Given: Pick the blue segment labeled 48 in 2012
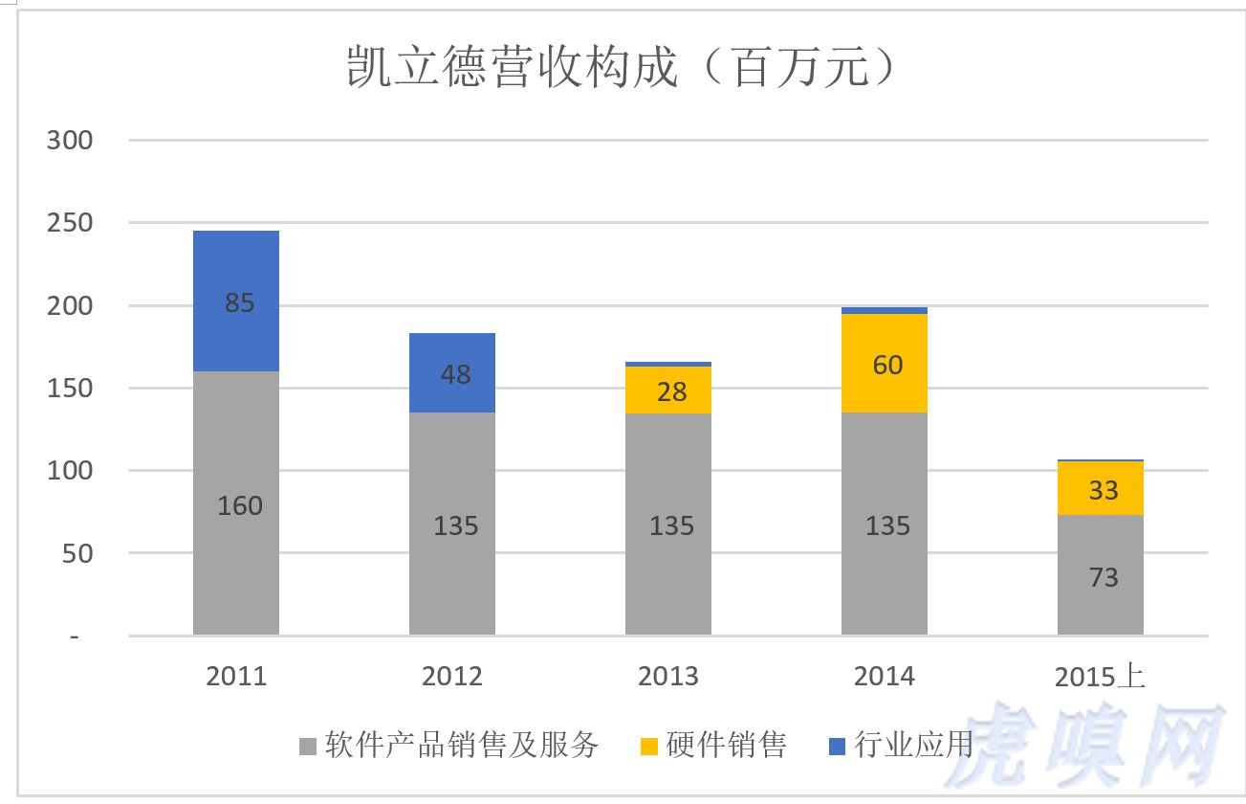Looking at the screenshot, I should [452, 373].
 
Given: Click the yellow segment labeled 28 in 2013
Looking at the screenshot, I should [668, 391].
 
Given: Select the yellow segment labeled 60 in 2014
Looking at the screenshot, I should [885, 364].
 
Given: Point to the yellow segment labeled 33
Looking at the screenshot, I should [1101, 488].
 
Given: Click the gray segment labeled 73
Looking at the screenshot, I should [1101, 575].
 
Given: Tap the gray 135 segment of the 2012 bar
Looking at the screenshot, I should [452, 525].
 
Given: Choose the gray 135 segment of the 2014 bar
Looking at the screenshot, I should [885, 525].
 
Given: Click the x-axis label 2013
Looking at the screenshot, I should [668, 677].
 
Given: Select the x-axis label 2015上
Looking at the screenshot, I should [1100, 677].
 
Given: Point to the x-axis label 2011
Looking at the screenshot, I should [236, 677].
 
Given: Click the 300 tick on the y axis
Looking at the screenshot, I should [70, 140].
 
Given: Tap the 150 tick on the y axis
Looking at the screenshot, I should [70, 389].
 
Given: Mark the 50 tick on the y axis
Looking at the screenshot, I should [77, 553].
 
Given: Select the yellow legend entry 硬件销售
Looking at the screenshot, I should [712, 745].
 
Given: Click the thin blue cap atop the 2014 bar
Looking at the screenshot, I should [885, 310].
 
